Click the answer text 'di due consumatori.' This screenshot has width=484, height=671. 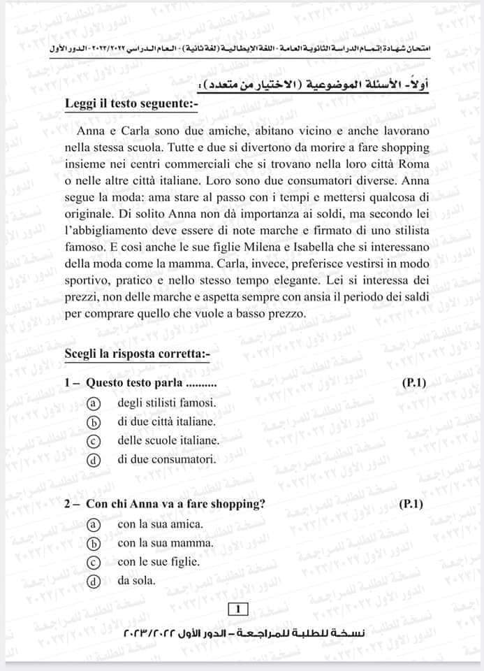(x=166, y=459)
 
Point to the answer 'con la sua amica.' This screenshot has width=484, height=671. (x=160, y=524)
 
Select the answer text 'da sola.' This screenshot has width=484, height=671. (x=136, y=580)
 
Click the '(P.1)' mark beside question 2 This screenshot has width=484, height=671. (x=412, y=503)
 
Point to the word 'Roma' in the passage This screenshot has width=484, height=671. (x=414, y=163)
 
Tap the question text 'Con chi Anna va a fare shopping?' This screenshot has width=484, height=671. (x=175, y=504)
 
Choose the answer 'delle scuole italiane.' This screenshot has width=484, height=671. (x=168, y=440)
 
